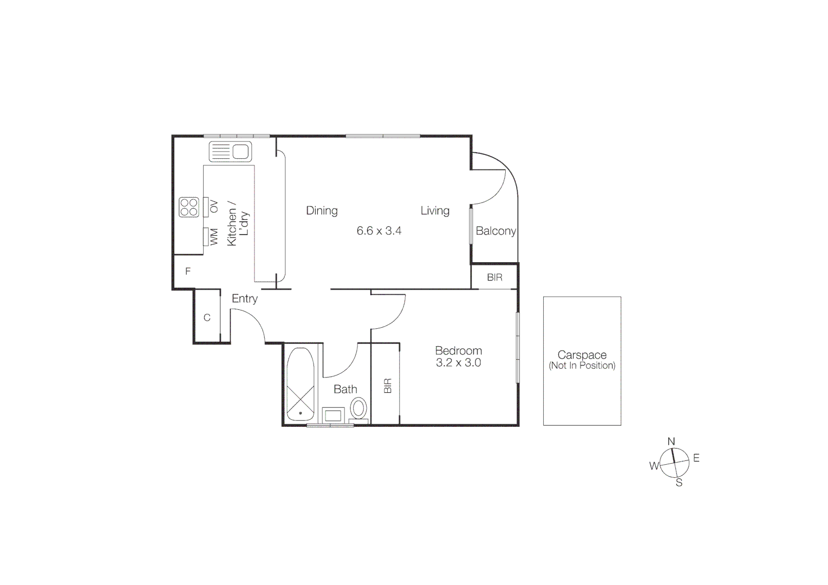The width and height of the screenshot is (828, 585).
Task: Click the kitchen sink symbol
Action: point(230,152)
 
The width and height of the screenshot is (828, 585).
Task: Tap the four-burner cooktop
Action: point(189,207)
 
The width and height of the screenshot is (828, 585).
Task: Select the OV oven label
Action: point(213,207)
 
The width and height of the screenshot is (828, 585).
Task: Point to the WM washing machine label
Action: point(214,237)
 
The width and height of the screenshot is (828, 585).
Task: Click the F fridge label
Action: point(188,271)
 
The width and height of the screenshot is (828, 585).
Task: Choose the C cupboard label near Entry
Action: point(207,318)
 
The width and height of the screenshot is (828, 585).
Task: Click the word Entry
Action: point(245,298)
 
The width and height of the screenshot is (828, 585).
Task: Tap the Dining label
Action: point(322,211)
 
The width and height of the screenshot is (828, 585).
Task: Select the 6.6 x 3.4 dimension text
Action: point(379,231)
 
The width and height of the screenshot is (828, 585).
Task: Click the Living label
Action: point(435,211)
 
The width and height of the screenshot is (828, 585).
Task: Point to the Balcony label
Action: point(496,231)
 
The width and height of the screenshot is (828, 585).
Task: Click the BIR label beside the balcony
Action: point(494,277)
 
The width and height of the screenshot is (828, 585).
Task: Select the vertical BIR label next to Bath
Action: point(388,386)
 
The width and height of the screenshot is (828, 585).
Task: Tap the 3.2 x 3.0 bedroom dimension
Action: point(458,363)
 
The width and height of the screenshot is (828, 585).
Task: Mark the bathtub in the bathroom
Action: point(300,385)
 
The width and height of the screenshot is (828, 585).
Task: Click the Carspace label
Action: point(582,355)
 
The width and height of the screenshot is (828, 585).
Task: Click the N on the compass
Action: point(671,441)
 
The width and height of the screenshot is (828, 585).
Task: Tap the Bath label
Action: point(345,389)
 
